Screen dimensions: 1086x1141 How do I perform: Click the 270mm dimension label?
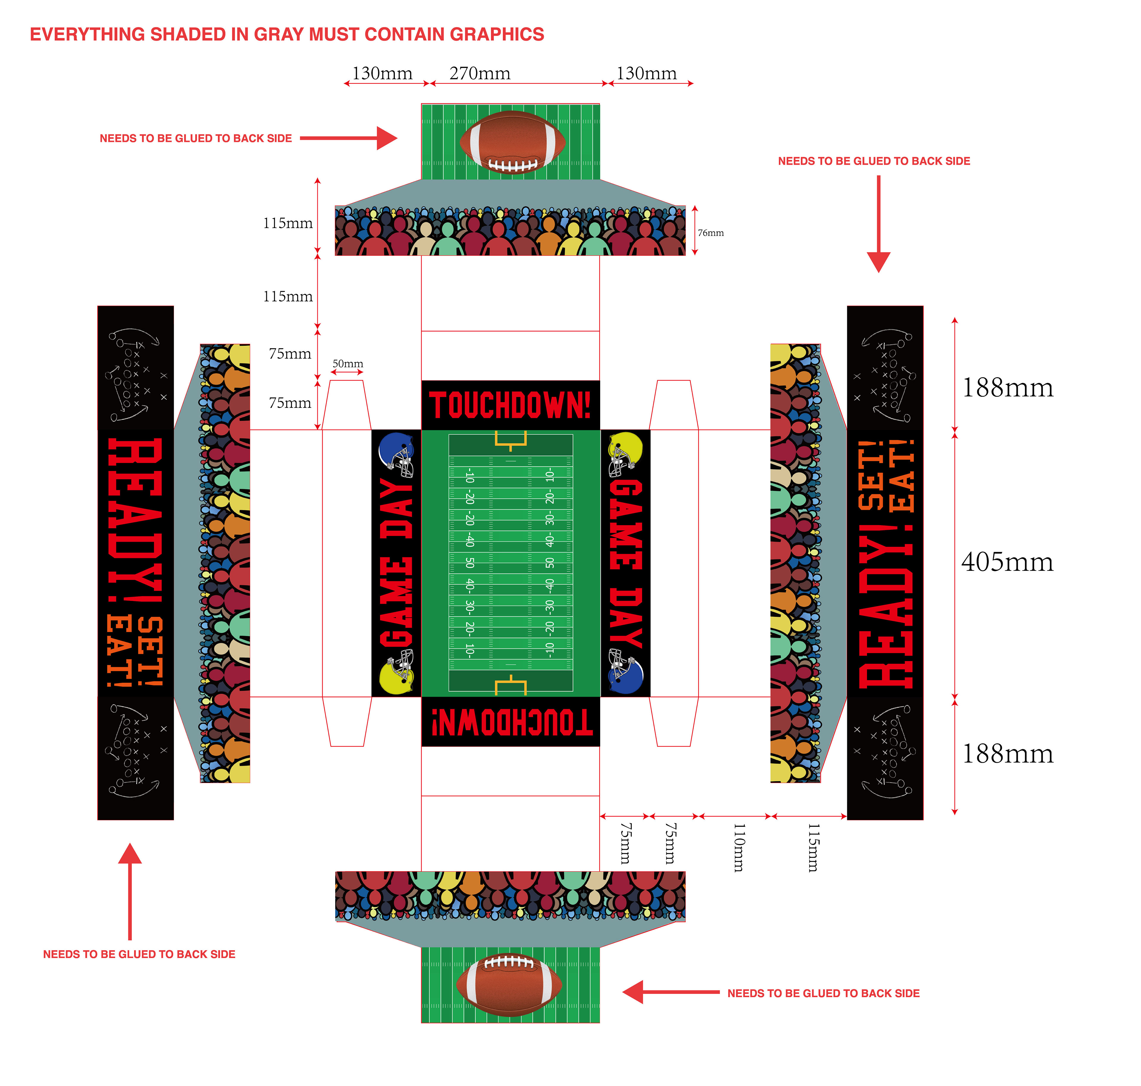[x=480, y=74]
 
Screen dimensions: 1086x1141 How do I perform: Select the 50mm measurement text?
[x=348, y=363]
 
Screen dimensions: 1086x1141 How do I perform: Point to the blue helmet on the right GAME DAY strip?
[x=625, y=671]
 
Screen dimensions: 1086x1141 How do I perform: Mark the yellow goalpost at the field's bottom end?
[x=510, y=685]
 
